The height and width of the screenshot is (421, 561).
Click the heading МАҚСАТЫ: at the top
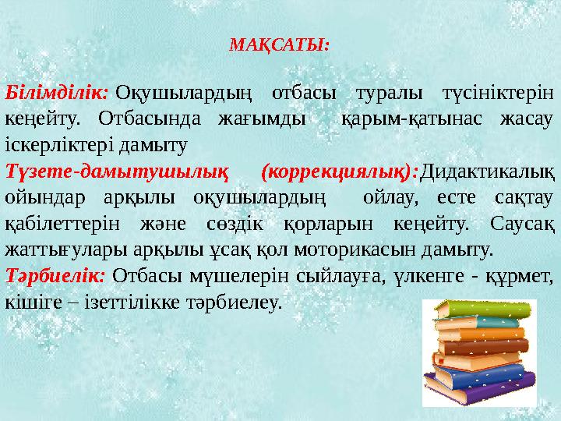[280, 44]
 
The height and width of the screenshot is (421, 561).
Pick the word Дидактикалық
[487, 169]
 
